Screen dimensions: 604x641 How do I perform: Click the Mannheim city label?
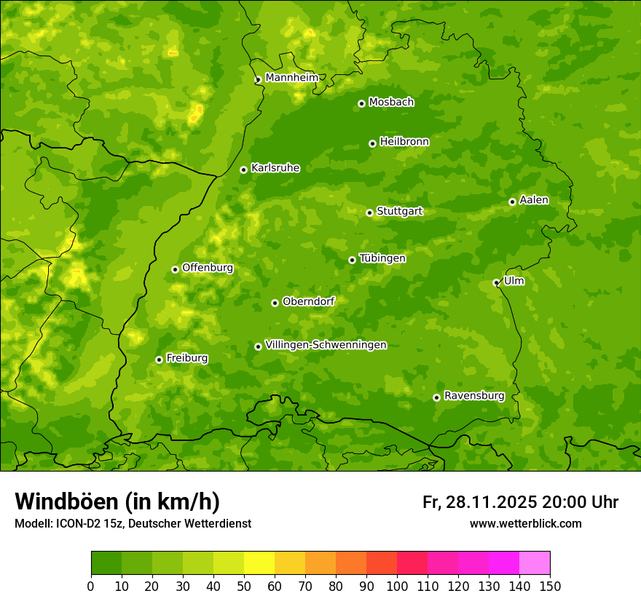pos(291,78)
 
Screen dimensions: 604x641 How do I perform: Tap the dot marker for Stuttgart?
pos(369,212)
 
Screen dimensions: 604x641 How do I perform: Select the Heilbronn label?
pos(404,142)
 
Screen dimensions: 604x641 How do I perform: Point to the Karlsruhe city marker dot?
pos(243,170)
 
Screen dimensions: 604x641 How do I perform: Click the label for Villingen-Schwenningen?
pos(326,345)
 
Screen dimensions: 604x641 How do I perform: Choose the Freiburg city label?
pos(186,358)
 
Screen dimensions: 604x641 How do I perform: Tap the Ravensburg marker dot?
pos(436,397)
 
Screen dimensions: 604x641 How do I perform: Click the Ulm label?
pos(514,281)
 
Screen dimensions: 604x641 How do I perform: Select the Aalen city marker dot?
pos(512,202)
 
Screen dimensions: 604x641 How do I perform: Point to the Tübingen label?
pos(382,258)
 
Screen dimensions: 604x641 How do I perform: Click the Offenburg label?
pos(208,268)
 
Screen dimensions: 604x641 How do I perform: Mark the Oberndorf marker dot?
pos(275,303)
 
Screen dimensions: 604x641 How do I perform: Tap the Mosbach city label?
pos(391,103)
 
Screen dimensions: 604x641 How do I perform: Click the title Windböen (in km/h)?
pos(117,501)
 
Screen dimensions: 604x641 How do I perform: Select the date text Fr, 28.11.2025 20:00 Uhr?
pos(520,502)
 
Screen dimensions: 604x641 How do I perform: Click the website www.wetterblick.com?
pos(525,524)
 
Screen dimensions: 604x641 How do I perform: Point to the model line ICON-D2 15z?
pos(133,524)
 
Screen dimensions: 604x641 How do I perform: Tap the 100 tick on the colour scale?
pos(397,586)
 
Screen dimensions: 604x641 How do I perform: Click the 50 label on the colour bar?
pos(244,586)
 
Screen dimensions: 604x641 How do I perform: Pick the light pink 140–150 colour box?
pos(535,563)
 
